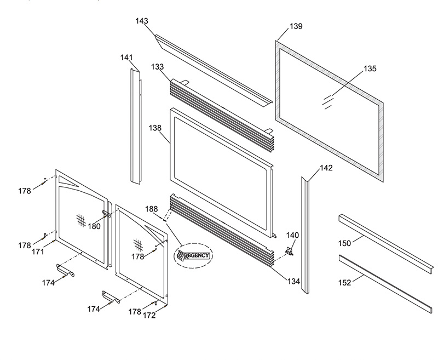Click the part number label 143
coord(142,21)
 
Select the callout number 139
coord(296,26)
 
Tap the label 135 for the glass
coord(370,69)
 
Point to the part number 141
coord(126,58)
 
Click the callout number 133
coord(157,67)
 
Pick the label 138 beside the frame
coord(155,128)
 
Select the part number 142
coord(326,168)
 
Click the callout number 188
coord(152,209)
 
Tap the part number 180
coord(95,226)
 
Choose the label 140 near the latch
coord(293,235)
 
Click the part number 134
coord(293,281)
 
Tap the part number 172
coord(149,316)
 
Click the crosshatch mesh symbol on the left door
coord(81,219)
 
